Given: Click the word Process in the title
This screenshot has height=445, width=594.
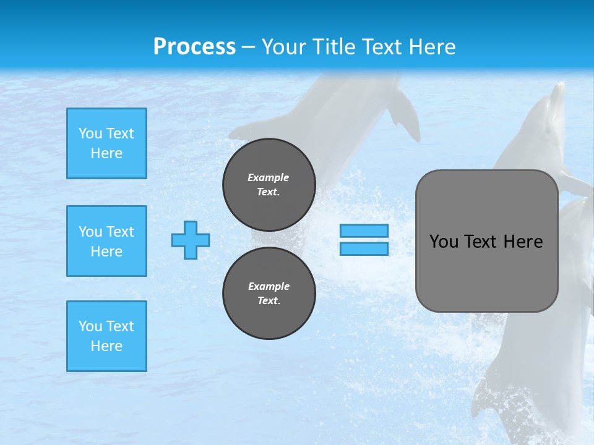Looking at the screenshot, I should point(194,46).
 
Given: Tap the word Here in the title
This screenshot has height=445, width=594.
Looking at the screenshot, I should point(431,46).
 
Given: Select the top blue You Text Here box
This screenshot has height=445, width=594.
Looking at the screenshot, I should point(106,143).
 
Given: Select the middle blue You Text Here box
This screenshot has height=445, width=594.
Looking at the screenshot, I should point(106,241).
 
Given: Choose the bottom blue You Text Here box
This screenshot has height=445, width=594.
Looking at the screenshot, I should point(106,336).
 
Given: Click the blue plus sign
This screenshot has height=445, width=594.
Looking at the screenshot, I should point(191,240).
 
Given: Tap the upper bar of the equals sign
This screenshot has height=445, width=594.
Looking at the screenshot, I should point(364,231).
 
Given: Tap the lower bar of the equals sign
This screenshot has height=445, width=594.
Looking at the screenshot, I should point(364,248).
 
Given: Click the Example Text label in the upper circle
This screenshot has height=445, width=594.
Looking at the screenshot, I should point(269,184).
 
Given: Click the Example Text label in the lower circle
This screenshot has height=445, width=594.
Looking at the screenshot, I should point(269,293).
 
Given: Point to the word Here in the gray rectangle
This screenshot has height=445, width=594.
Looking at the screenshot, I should point(523,241).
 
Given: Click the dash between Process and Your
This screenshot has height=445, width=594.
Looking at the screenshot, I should point(249,47).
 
